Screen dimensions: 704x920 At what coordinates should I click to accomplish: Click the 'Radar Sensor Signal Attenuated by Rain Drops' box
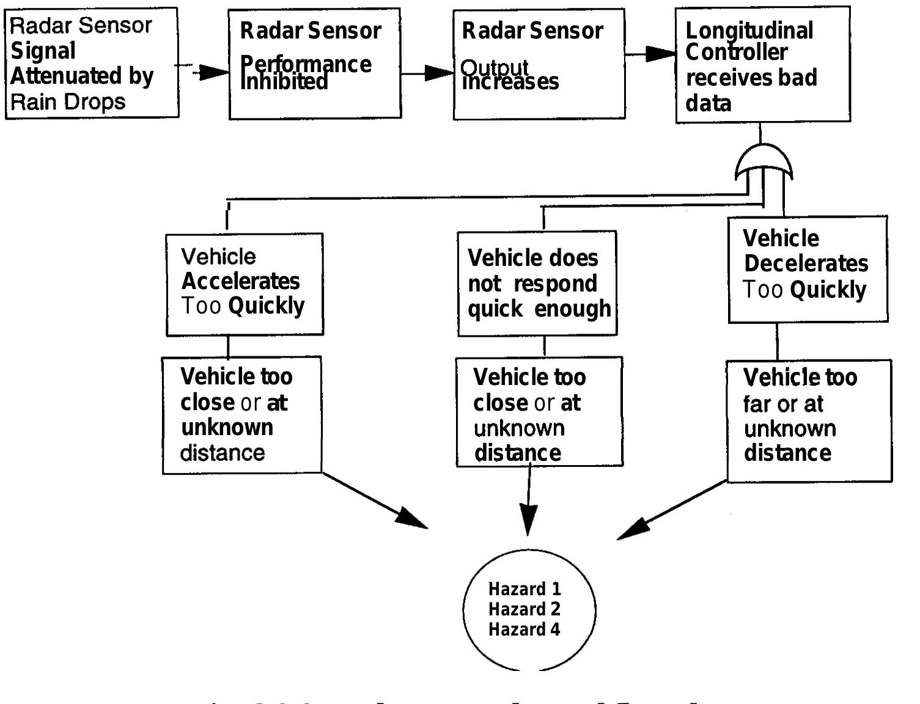(92, 63)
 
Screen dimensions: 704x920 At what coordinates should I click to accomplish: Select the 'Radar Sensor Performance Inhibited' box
(315, 64)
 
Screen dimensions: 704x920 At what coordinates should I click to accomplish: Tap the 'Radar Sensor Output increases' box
(539, 64)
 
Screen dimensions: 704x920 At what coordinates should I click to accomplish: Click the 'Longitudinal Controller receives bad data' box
(762, 64)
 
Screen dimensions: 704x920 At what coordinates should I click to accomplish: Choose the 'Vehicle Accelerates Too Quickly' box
(245, 284)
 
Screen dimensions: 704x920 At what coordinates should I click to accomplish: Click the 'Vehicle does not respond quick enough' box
(537, 284)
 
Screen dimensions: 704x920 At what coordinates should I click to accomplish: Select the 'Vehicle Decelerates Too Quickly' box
(808, 269)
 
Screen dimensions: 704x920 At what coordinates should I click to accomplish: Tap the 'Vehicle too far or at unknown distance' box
(809, 420)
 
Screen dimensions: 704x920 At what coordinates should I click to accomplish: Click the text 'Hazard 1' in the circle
(524, 589)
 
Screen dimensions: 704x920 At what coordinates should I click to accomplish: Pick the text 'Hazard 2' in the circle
(524, 609)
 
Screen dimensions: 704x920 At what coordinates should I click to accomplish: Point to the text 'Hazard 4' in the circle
(524, 629)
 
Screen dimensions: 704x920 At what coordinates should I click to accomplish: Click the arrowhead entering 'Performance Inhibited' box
(214, 72)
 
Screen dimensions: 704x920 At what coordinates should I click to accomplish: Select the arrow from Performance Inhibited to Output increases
(428, 73)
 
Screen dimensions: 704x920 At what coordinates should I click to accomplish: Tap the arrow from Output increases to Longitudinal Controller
(651, 54)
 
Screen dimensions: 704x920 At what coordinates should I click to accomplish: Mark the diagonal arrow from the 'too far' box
(666, 512)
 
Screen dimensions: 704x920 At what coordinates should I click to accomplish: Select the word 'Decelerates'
(806, 263)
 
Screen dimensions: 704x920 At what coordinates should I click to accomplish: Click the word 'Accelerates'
(241, 281)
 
